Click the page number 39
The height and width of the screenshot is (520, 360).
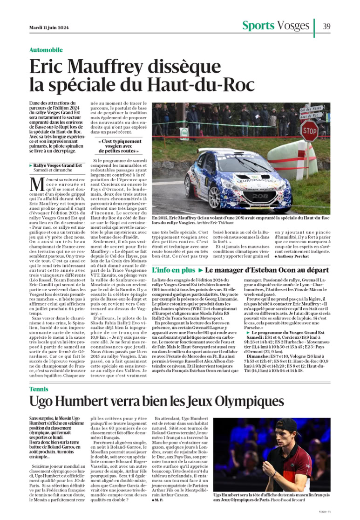[326, 26]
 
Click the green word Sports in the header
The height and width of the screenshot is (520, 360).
[258, 26]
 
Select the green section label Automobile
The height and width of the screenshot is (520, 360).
[46, 50]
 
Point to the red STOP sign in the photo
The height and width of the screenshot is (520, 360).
[309, 131]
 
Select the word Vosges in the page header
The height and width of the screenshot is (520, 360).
[293, 26]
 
